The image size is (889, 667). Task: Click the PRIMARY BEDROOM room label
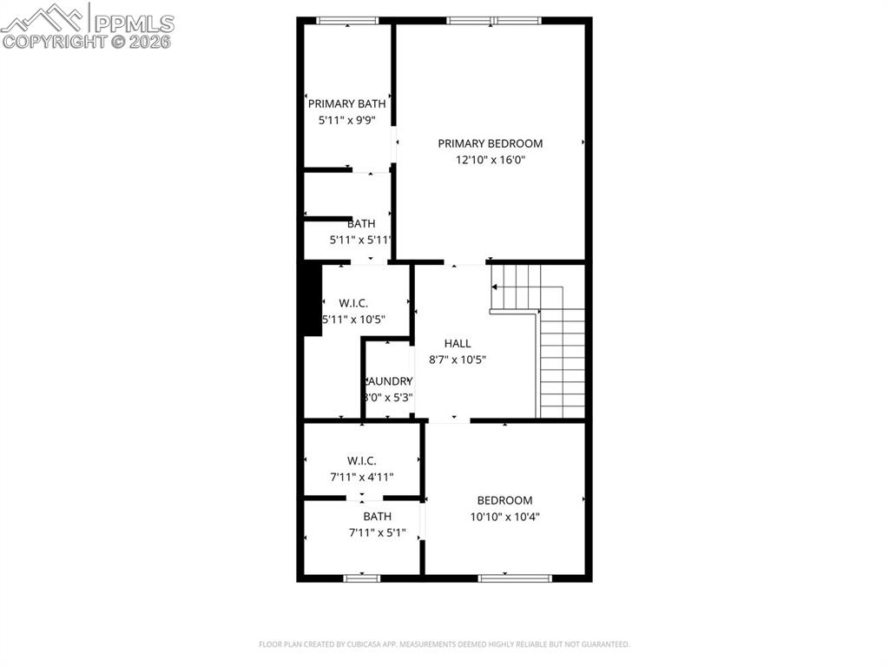point(490,143)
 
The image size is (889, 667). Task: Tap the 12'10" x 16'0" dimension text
point(490,160)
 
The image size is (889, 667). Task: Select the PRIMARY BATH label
point(346,104)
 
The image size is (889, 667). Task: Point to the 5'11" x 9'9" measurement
point(346,121)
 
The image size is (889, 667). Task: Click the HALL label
point(458,343)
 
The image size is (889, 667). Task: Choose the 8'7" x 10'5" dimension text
point(458,360)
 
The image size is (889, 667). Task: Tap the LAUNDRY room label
point(388,381)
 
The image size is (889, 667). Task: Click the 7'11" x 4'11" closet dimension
point(361,477)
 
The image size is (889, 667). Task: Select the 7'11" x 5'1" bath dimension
point(377,532)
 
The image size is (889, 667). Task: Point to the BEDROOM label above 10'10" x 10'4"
point(504,500)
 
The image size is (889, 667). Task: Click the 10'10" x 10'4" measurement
point(504,517)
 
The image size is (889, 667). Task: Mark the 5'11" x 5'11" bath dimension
point(360,240)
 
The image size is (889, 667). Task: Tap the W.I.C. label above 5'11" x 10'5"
point(353,303)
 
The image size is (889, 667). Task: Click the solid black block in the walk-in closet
point(312,299)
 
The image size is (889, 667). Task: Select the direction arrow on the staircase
point(496,286)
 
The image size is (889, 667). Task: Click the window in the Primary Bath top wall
point(346,20)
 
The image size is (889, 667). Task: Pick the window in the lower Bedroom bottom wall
point(515,578)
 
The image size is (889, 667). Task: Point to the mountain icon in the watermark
point(43,17)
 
